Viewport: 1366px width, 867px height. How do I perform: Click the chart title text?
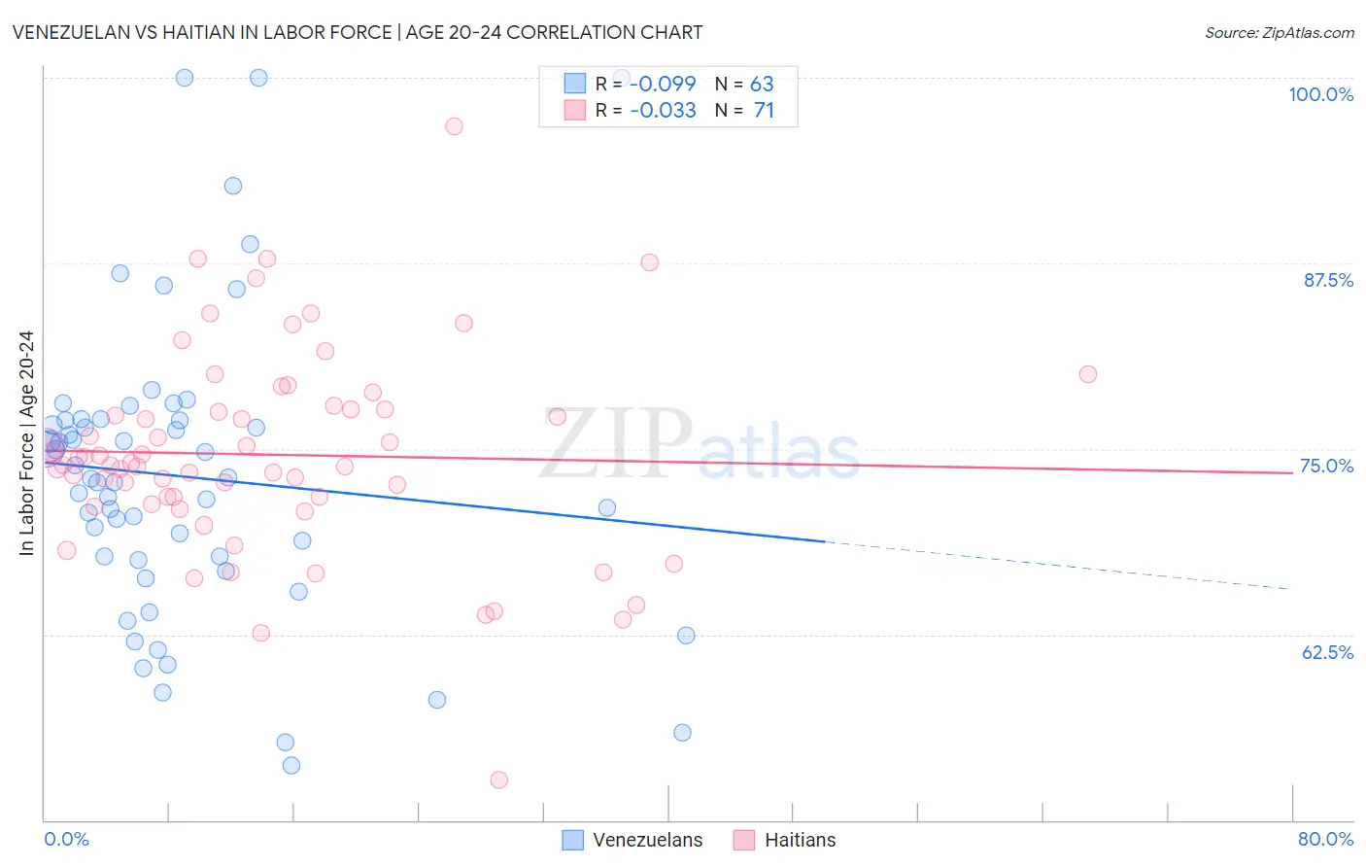tap(358, 32)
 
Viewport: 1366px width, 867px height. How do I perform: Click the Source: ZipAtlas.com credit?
tap(1279, 33)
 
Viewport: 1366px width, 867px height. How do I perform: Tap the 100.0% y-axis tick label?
tap(1320, 94)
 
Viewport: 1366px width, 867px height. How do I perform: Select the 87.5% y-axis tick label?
tap(1327, 280)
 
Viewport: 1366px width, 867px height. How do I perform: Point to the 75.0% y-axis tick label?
tap(1326, 466)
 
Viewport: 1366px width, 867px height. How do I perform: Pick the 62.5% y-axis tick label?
tap(1327, 652)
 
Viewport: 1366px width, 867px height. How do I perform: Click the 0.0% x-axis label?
tap(66, 839)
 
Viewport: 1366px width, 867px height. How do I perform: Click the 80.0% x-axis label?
tap(1325, 839)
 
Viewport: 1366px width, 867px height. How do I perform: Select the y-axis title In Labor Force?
tap(26, 443)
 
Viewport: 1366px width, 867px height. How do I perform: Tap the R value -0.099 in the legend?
tap(663, 84)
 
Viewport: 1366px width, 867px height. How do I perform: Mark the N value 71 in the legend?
tap(764, 110)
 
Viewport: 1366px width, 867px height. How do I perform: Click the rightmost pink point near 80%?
tap(1088, 374)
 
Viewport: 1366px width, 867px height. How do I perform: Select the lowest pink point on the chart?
tap(499, 780)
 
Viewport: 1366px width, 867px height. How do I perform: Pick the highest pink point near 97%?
tap(454, 126)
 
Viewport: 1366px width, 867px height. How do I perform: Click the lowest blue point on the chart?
tap(291, 765)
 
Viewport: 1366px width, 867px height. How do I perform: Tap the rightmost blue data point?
tap(686, 636)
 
